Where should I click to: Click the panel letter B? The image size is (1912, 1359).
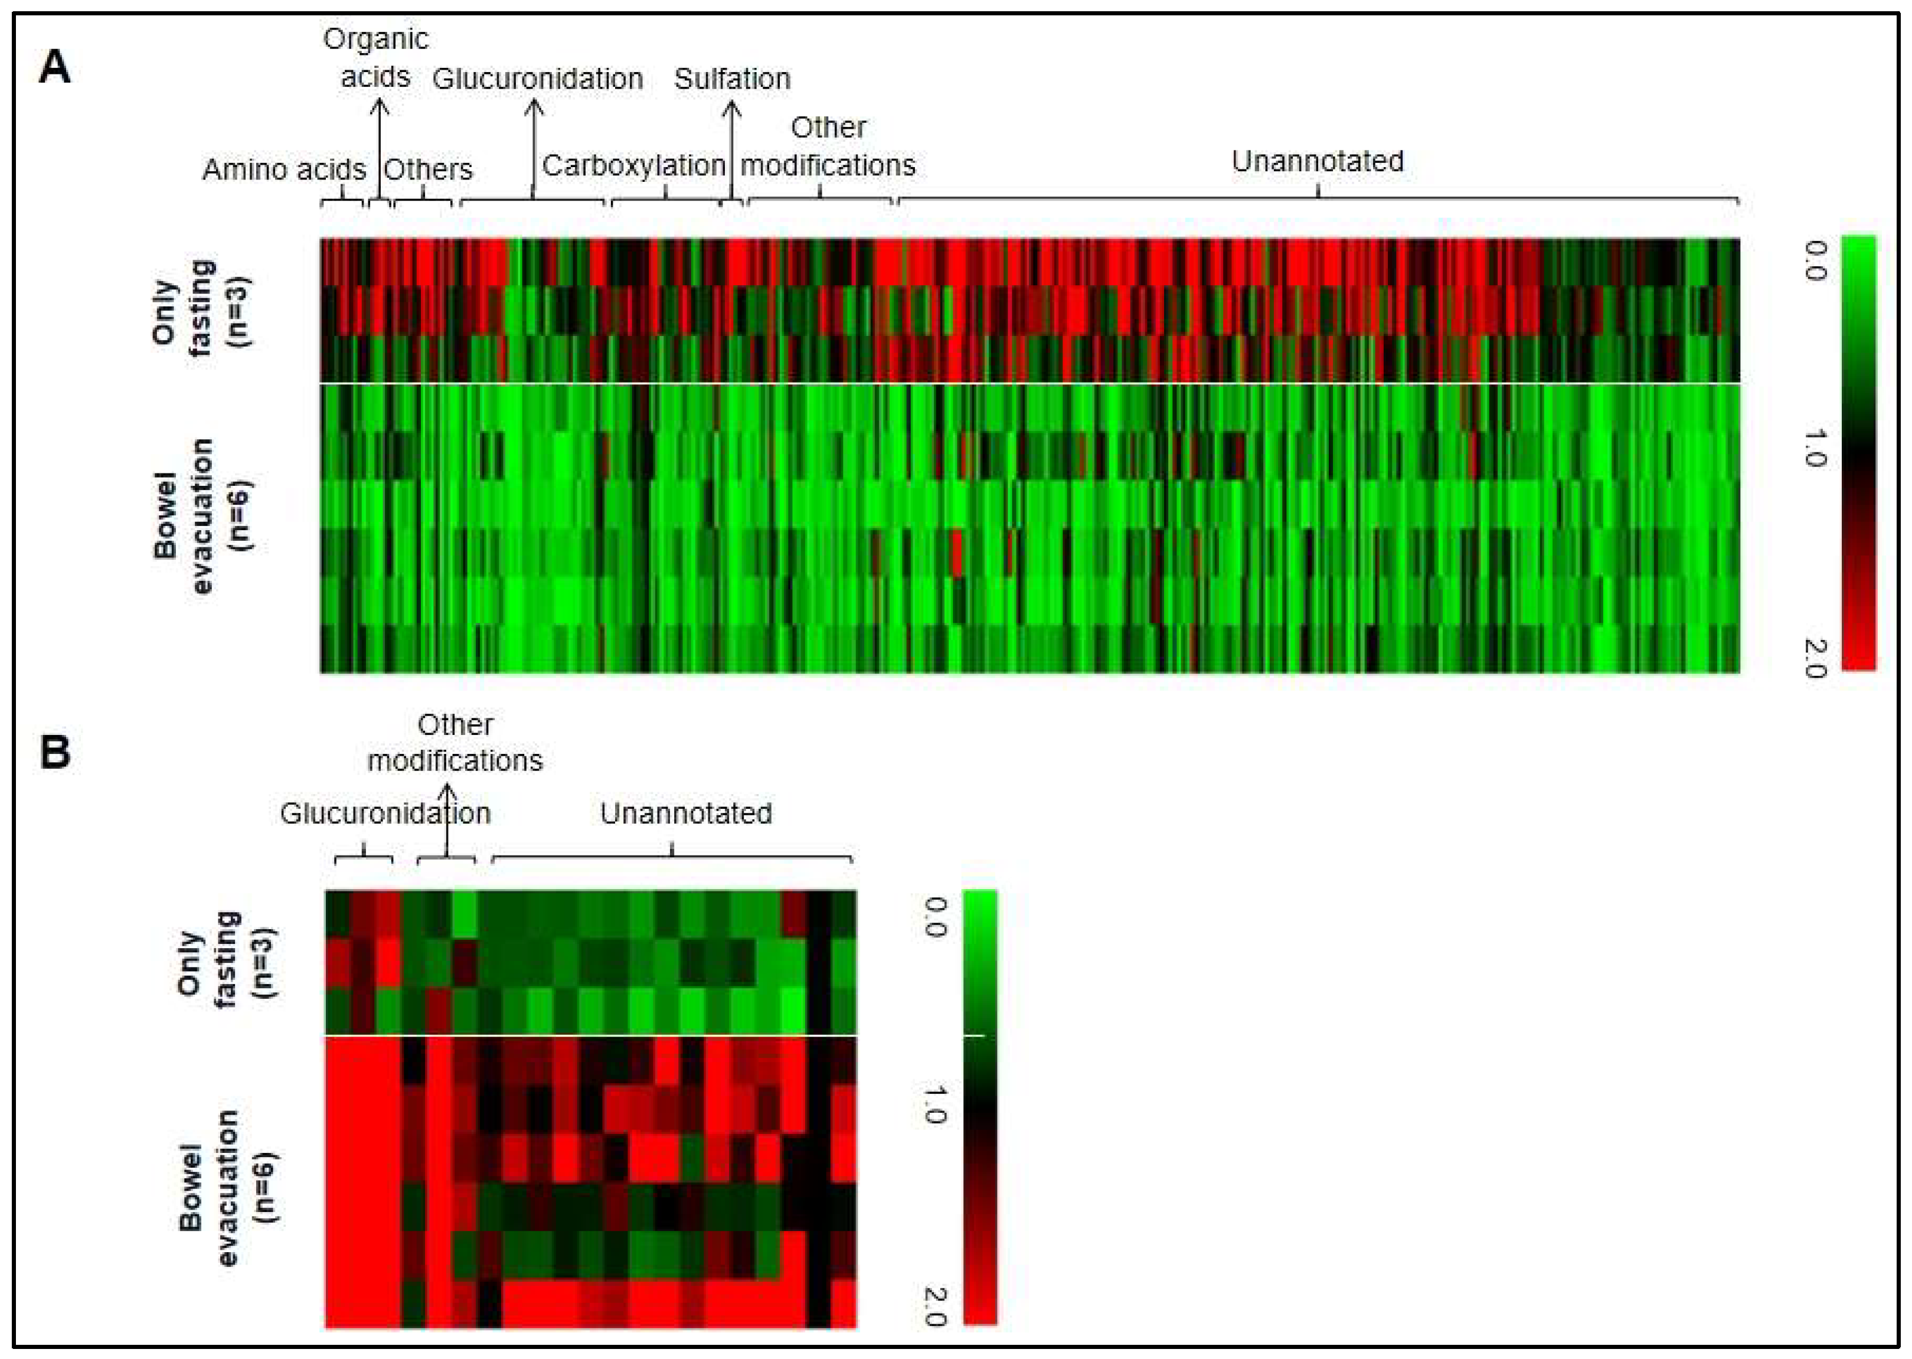click(55, 752)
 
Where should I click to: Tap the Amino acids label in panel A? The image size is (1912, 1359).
click(284, 170)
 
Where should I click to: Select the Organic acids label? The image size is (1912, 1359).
click(375, 58)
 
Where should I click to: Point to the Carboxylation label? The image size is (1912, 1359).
click(633, 166)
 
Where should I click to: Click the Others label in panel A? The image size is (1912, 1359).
click(427, 170)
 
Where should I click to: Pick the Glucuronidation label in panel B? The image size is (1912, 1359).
click(385, 814)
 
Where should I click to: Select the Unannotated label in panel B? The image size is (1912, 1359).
click(685, 814)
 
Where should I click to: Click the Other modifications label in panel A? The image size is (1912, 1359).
click(828, 146)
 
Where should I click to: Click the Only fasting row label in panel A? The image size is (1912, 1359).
click(199, 309)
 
